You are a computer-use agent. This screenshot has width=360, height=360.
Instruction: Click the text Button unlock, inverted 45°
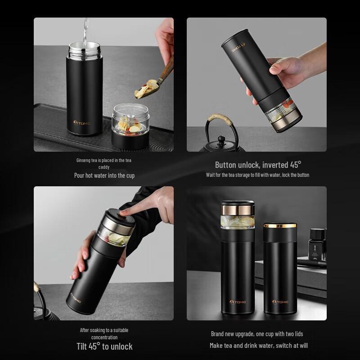click(x=258, y=165)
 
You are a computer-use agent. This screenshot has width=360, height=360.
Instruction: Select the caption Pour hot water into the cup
click(x=104, y=175)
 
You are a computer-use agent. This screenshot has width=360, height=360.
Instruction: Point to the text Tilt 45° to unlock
click(x=104, y=346)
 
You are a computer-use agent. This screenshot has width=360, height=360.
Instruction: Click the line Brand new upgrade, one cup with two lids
click(x=257, y=334)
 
